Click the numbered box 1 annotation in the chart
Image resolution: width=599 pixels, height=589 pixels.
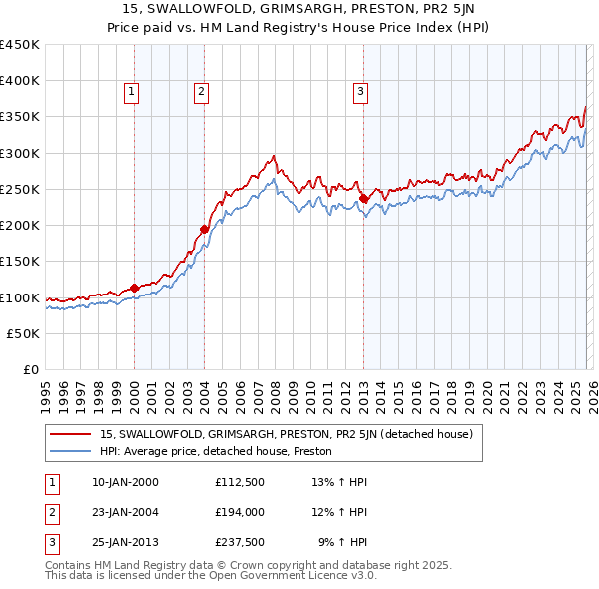tap(132, 92)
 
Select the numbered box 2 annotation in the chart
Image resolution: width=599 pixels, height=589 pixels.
tap(201, 92)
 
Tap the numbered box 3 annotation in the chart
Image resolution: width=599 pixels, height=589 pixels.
tap(359, 92)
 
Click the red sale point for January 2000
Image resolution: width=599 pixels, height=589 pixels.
tap(134, 289)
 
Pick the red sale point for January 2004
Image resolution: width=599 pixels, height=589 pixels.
tap(204, 229)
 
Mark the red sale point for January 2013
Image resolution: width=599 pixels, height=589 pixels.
tap(363, 198)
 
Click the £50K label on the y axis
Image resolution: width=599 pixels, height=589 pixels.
tap(23, 333)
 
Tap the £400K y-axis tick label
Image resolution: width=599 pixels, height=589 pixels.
tap(20, 81)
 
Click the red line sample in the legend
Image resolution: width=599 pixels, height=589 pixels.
tap(72, 434)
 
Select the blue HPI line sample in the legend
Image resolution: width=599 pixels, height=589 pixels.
tap(72, 451)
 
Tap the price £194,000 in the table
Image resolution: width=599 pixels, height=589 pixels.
tap(239, 512)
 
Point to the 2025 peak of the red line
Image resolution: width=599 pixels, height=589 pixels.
tap(585, 108)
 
